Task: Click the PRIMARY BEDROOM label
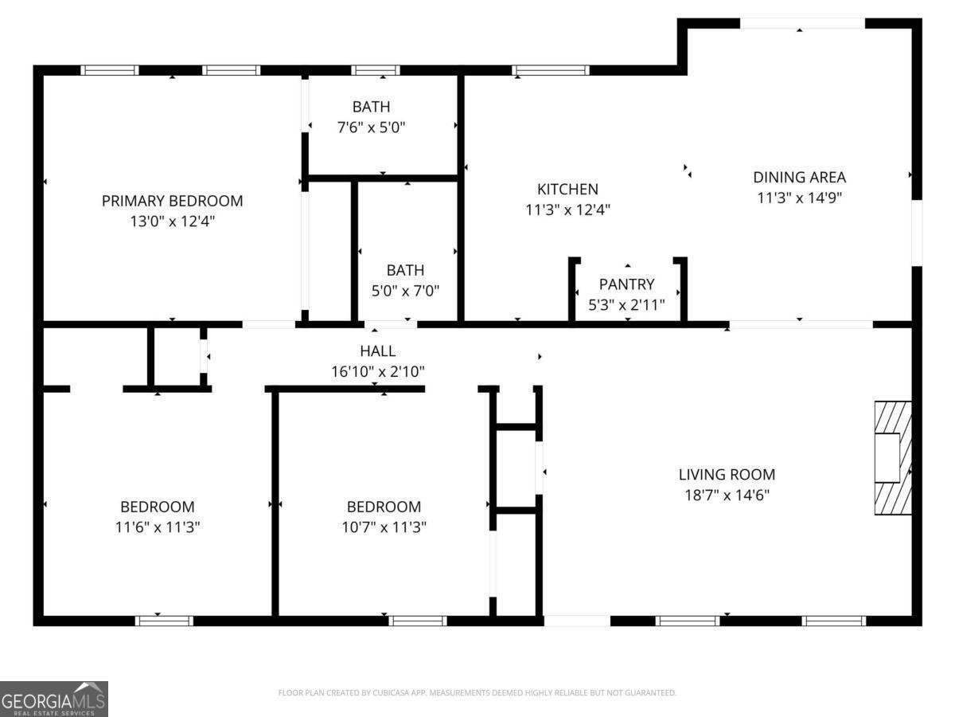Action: click(172, 201)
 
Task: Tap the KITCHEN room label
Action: click(567, 190)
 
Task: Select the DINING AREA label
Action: click(799, 178)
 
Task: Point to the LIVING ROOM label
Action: click(727, 475)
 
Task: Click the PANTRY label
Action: click(627, 284)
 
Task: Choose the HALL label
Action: click(377, 351)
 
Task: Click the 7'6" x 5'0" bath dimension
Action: click(372, 127)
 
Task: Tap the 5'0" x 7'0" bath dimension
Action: click(405, 291)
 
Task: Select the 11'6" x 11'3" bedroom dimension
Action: click(157, 527)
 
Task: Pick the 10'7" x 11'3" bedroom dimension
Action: click(384, 527)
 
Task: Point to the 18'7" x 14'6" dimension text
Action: click(727, 495)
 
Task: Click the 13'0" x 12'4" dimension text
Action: click(172, 221)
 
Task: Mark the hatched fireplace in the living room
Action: click(893, 458)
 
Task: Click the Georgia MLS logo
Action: click(54, 699)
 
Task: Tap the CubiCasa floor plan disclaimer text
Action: click(477, 693)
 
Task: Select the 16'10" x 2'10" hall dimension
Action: click(377, 371)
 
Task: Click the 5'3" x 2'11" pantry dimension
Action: click(627, 304)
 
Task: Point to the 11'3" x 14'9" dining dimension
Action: click(799, 198)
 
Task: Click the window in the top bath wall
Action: click(376, 70)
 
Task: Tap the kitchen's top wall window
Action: click(551, 70)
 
